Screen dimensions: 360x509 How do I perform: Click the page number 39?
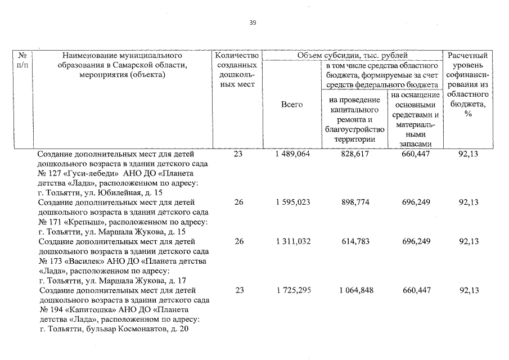coord(253,23)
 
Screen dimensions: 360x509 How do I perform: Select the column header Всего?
coord(291,105)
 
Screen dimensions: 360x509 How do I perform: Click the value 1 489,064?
coord(291,154)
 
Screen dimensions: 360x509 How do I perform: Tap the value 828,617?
coord(355,154)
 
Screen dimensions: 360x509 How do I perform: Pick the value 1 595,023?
coord(291,202)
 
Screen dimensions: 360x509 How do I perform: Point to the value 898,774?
coord(355,202)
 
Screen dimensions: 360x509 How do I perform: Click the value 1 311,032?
coord(291,241)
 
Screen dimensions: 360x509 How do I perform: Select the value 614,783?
coord(355,241)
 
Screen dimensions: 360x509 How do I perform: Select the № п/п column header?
coord(23,60)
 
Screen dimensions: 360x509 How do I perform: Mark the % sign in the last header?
coord(468,114)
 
